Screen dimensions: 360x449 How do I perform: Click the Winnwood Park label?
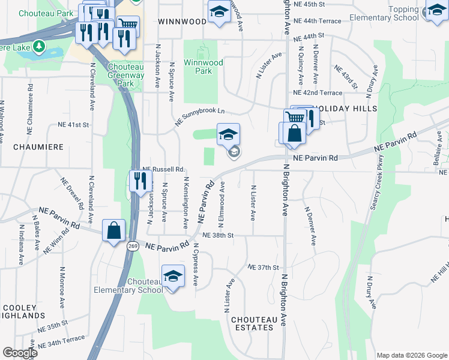pyautogui.click(x=203, y=67)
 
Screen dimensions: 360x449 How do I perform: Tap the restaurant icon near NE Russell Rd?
pyautogui.click(x=140, y=181)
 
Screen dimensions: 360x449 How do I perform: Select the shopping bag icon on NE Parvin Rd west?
pyautogui.click(x=113, y=230)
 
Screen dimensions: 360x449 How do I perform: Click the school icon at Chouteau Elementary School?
pyautogui.click(x=173, y=276)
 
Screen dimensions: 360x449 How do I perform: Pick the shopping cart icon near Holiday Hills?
pyautogui.click(x=294, y=118)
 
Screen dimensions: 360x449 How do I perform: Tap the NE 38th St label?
pyautogui.click(x=217, y=236)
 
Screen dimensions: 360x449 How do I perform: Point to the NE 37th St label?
pyautogui.click(x=264, y=267)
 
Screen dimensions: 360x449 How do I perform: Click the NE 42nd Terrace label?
pyautogui.click(x=318, y=93)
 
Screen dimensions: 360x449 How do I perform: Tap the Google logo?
pyautogui.click(x=20, y=352)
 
